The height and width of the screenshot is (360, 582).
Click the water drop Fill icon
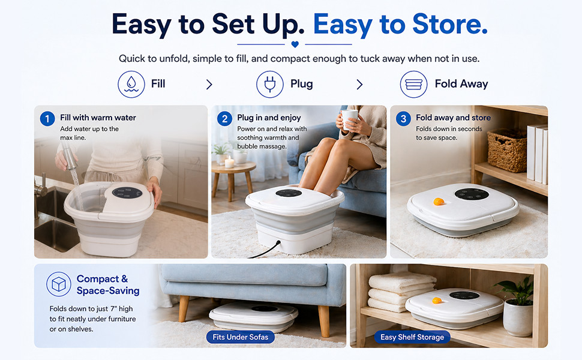pos(131,84)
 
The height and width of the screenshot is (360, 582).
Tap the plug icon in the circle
pos(270,84)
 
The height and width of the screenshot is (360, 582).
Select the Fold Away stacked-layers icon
pos(413,84)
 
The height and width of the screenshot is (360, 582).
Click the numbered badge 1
pos(47,119)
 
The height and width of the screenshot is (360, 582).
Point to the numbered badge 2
pos(224,119)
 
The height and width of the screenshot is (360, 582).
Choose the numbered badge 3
pos(403,119)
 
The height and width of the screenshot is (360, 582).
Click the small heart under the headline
pos(295,44)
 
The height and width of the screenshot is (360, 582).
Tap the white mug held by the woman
pos(349,119)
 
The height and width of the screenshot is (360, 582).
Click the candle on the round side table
pos(229,162)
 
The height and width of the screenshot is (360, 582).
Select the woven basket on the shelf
pos(507,151)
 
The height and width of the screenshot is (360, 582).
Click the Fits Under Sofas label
pos(240,337)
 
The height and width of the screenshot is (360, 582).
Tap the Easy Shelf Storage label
pos(412,337)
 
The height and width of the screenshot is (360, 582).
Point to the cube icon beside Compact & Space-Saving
pos(59,284)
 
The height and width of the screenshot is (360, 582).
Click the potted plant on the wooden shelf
pos(517,307)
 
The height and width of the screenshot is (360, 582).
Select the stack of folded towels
pos(401,292)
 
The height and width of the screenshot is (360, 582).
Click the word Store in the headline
pos(450,24)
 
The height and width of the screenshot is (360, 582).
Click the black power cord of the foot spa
pos(265,250)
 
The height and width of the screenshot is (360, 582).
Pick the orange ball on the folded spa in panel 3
pos(439,202)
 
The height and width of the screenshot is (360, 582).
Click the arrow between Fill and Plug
pos(209,85)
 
